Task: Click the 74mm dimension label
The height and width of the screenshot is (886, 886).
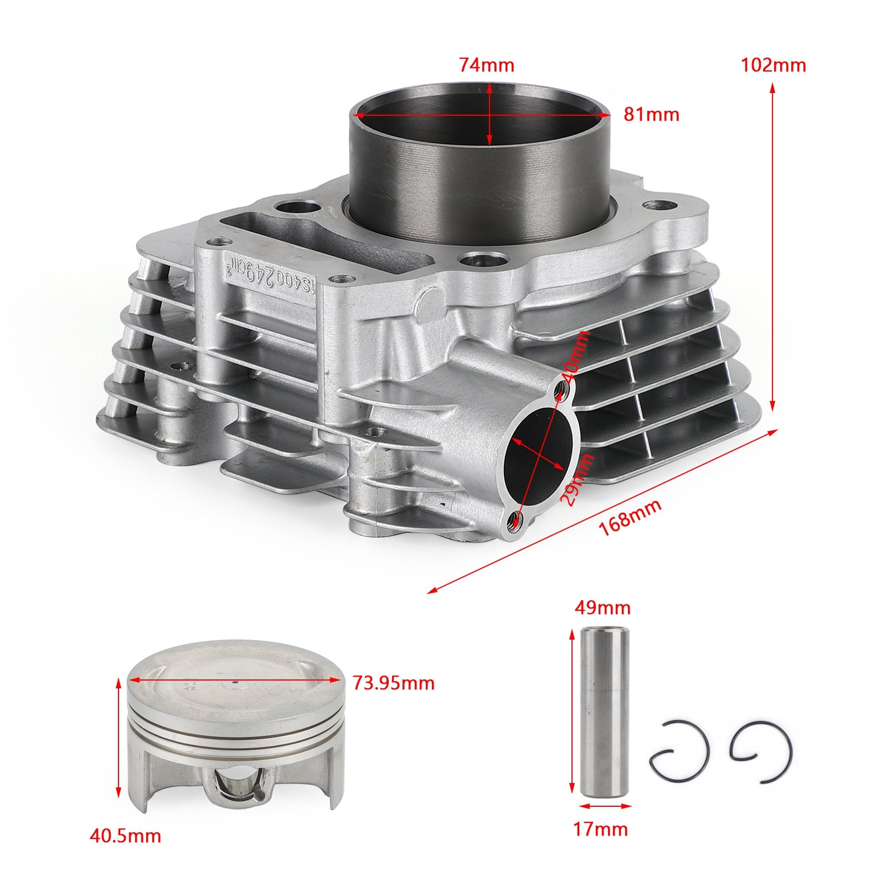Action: pyautogui.click(x=486, y=65)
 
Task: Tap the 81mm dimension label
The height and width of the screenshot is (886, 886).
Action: pyautogui.click(x=651, y=115)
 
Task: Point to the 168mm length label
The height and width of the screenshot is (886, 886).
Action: pyautogui.click(x=630, y=518)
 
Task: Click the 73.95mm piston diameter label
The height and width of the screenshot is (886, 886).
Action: pyautogui.click(x=394, y=683)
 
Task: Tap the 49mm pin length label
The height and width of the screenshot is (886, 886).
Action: pyautogui.click(x=602, y=608)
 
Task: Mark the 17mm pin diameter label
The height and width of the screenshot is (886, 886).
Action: pyautogui.click(x=601, y=829)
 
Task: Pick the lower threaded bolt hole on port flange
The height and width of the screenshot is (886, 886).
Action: pyautogui.click(x=516, y=521)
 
